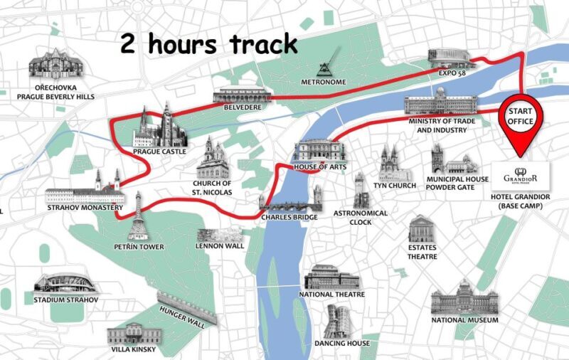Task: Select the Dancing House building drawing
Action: [338, 322]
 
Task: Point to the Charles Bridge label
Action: [289, 217]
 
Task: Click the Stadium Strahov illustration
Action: [66, 283]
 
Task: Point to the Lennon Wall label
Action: [220, 246]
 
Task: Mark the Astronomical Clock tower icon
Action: [360, 190]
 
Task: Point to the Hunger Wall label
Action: [182, 317]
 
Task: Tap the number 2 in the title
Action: [128, 44]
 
